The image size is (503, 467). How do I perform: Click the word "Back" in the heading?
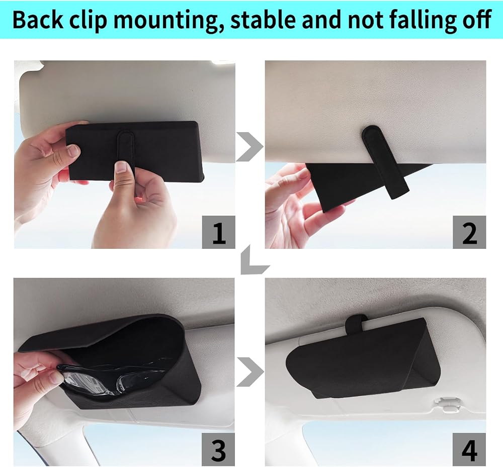tap(38, 20)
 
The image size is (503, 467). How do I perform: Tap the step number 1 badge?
tap(218, 232)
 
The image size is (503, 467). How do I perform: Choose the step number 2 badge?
tap(469, 232)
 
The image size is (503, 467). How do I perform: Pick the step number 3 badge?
tap(218, 449)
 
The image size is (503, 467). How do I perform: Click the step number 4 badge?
tap(469, 449)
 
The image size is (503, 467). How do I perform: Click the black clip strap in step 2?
tap(385, 161)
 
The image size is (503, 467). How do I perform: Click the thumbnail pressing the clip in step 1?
tap(121, 167)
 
